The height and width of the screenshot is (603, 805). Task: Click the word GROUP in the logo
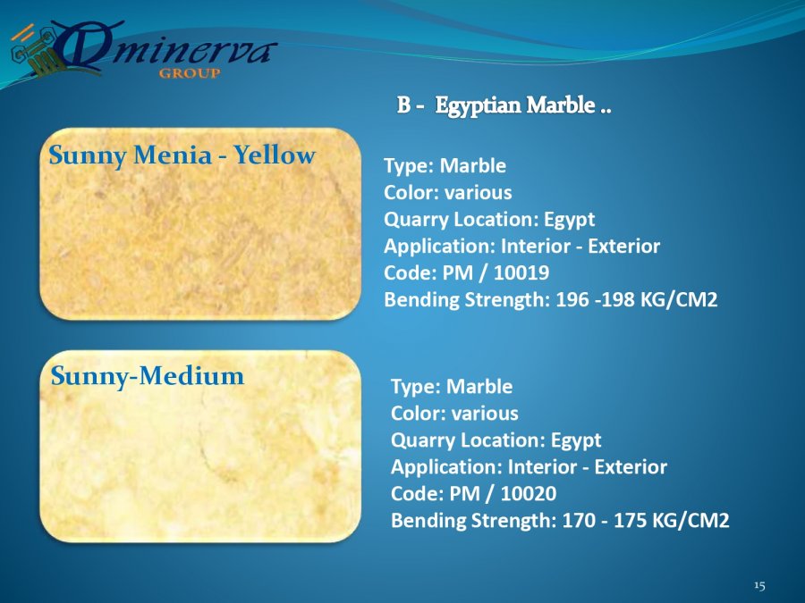pos(190,73)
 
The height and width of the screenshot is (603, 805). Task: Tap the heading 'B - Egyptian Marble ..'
pos(504,105)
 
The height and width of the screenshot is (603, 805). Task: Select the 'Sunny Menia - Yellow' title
pos(182,155)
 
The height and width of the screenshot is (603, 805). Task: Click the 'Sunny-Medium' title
pos(148,376)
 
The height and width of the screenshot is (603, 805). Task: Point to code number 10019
pos(521,272)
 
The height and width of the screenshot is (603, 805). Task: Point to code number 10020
pos(529,493)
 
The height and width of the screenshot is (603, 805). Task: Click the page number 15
pos(759,585)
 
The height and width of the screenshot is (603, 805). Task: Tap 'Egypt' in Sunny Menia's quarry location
pos(569,220)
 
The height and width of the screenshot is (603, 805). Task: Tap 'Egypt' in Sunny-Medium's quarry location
pos(576,440)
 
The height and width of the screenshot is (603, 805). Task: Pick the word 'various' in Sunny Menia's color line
pos(478,193)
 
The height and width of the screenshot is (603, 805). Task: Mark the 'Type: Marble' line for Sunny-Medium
pos(452,387)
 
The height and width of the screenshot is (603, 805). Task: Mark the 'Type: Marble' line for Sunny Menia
pos(445,166)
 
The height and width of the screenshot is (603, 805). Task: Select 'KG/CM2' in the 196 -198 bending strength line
pos(678,299)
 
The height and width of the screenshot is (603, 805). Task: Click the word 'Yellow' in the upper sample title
pos(275,155)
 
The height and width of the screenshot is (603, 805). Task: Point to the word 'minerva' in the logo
pos(190,52)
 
